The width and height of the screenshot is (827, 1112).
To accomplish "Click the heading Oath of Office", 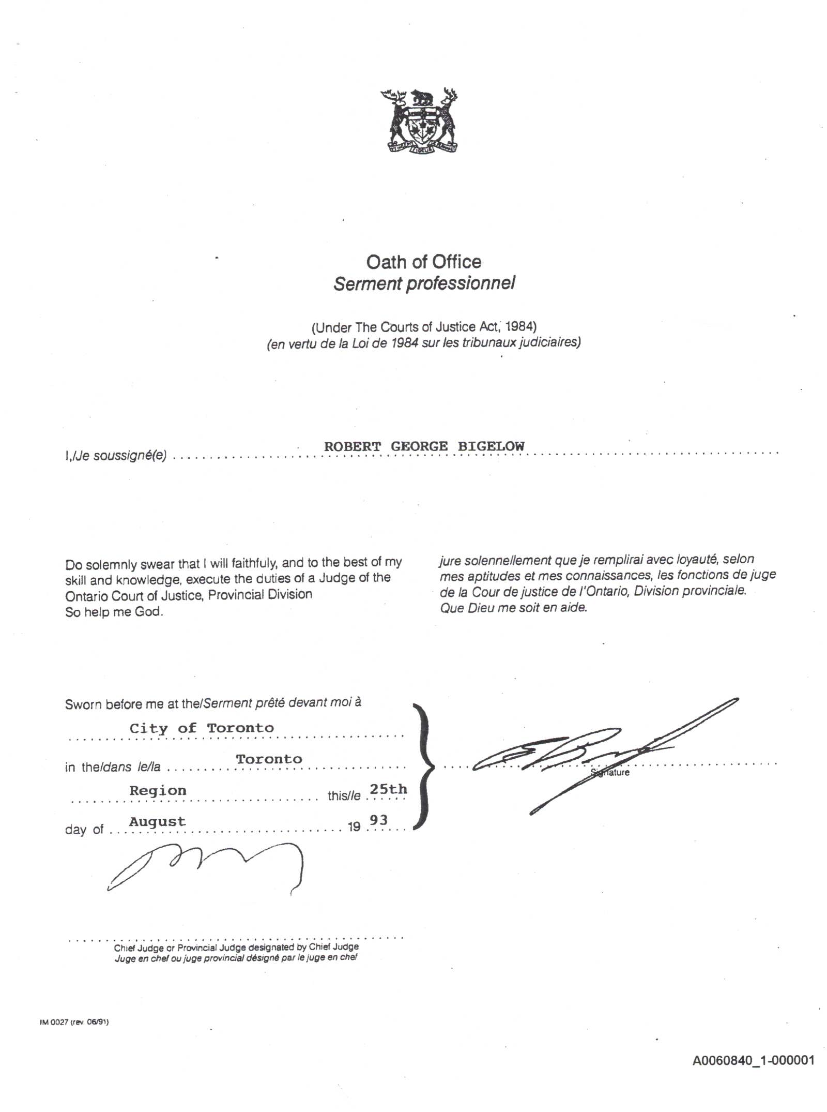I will point(423,262).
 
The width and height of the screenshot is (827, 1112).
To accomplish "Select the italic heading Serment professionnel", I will point(424,283).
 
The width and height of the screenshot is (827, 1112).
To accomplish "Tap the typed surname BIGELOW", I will point(491,446).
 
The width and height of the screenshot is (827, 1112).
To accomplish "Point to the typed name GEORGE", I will point(419,446).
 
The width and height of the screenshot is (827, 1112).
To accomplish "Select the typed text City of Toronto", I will point(202,728).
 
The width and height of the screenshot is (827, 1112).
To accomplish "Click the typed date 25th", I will point(388,789).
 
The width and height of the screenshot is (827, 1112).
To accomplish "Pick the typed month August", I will point(157,821).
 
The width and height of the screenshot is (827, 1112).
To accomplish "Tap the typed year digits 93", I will point(378,820).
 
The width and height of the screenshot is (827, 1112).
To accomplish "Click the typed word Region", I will point(158,790).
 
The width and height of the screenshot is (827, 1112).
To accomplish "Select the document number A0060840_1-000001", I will point(753,1060).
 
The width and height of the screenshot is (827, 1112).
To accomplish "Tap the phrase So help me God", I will point(114,612).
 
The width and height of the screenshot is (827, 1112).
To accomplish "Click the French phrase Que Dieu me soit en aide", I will point(513,608).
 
